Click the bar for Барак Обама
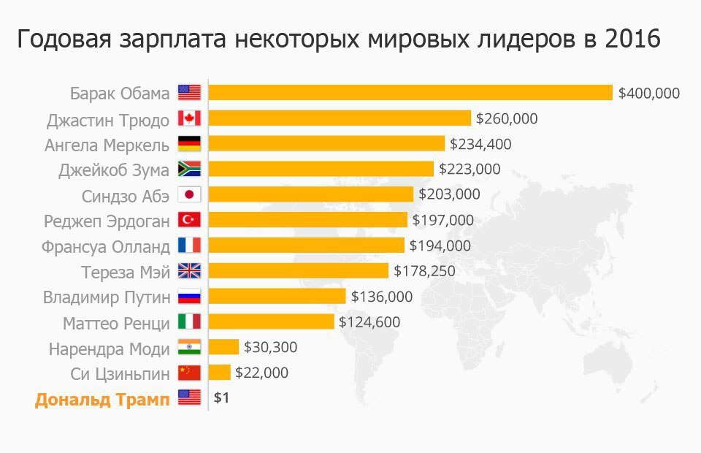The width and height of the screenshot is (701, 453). pos(410,93)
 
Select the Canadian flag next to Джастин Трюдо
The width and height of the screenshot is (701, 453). pos(188,118)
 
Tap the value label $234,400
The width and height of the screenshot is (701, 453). pos(480,144)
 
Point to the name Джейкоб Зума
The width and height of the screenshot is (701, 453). pos(114,170)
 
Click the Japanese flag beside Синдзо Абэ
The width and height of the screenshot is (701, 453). pos(188,195)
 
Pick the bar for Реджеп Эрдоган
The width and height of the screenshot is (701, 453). pos(308,220)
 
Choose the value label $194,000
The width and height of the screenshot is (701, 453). pos(440,245)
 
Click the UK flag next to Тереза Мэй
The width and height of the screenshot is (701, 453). pos(188,271)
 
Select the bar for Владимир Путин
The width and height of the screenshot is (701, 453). pos(277,297)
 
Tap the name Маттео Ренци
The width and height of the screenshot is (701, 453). pos(117,322)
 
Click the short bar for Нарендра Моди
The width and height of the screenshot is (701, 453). pos(224,347)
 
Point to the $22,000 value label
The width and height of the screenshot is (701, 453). pos(261,373)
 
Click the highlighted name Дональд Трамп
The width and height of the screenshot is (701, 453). pos(102,399)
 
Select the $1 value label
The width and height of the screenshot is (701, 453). pos(221,399)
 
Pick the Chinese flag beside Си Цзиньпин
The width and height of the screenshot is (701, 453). pos(188,373)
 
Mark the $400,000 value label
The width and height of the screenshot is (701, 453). pos(648,93)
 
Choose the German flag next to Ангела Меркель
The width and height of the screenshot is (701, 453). pos(188,144)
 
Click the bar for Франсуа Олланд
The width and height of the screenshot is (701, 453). pos(307,245)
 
